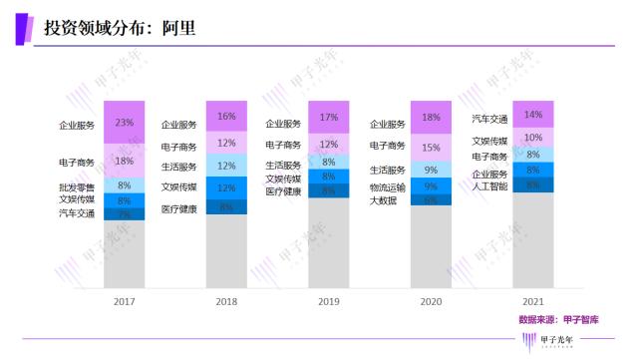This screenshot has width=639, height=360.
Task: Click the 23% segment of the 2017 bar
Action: tap(125, 124)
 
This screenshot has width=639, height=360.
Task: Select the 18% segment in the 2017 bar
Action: tap(125, 160)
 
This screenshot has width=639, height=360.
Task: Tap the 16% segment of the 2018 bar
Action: tap(226, 117)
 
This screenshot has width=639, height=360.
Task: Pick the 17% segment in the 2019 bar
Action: tap(328, 118)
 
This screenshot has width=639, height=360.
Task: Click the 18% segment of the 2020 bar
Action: tap(431, 118)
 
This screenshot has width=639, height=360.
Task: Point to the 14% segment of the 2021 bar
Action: tap(532, 115)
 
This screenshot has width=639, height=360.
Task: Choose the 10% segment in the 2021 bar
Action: tap(532, 138)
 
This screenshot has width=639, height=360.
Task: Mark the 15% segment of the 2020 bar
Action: tap(431, 148)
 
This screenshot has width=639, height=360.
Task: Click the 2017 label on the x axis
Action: tap(125, 299)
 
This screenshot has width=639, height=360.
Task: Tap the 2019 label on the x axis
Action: tap(328, 299)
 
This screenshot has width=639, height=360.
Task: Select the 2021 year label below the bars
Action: tap(532, 299)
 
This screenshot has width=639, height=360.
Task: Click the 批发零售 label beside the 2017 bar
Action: tap(77, 186)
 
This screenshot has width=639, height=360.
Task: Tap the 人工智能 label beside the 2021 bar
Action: tap(488, 185)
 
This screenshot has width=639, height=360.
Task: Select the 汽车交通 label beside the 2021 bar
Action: tap(488, 119)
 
